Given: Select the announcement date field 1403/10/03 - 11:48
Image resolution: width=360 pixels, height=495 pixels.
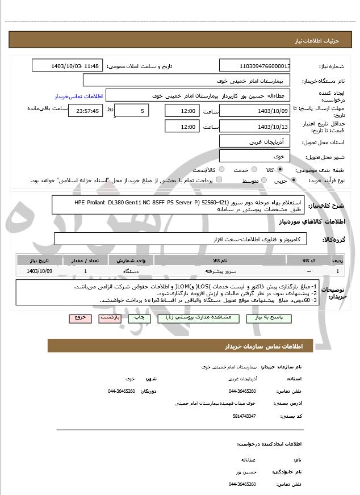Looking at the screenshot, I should point(68,65).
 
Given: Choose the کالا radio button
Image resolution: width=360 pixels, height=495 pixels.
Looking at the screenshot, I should point(280,170).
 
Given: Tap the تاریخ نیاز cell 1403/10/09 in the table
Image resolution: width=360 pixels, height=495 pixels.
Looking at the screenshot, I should point(39,271).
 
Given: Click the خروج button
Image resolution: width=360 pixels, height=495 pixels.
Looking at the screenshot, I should point(81,318).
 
